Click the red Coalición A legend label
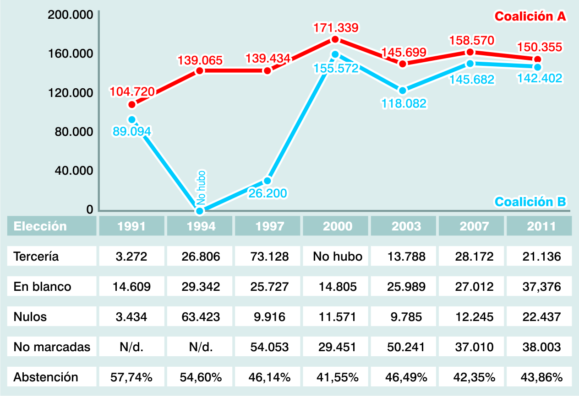pyautogui.click(x=530, y=16)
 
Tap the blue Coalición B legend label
pyautogui.click(x=530, y=202)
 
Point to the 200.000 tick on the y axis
pyautogui.click(x=71, y=15)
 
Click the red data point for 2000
pyautogui.click(x=335, y=40)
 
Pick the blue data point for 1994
pyautogui.click(x=199, y=211)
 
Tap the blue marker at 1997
pyautogui.click(x=268, y=181)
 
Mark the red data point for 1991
pyautogui.click(x=132, y=105)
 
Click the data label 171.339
pyautogui.click(x=335, y=28)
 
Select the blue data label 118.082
pyautogui.click(x=404, y=103)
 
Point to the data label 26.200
pyautogui.click(x=268, y=193)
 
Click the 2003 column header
pyautogui.click(x=404, y=226)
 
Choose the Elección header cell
pyautogui.click(x=52, y=226)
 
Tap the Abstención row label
pyautogui.click(x=46, y=377)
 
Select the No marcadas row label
pyautogui.click(x=52, y=347)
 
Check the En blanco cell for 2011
pyautogui.click(x=539, y=287)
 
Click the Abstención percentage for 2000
pyautogui.click(x=335, y=377)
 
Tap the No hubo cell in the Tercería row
pyautogui.click(x=335, y=257)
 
